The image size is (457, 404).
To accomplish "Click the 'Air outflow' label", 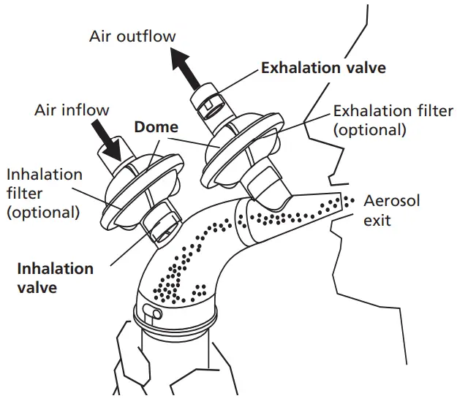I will coord(132,35).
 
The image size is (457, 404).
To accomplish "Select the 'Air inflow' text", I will coord(72,110).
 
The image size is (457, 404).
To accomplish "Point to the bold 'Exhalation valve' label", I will coord(323,68).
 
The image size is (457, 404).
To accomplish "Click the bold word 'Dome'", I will coord(156,127).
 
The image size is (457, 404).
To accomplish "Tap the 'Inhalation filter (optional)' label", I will coord(44,194).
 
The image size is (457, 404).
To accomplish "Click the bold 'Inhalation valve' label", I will coord(55,278).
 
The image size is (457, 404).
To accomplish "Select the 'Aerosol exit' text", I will coord(391,209).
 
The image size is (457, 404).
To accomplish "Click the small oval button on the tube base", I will coord(152,313).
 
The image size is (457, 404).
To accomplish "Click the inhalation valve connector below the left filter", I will coord(162,223).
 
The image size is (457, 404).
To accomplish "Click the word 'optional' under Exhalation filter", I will coord(369,130).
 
